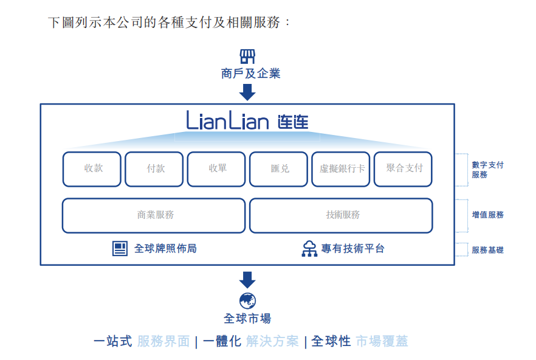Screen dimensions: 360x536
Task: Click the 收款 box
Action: pyautogui.click(x=92, y=168)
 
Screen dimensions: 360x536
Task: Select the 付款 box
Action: pyautogui.click(x=154, y=168)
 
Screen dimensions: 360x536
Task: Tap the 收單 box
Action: pyautogui.click(x=216, y=168)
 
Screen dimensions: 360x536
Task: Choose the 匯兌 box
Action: pyautogui.click(x=279, y=168)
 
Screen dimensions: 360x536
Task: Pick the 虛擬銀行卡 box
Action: pyautogui.click(x=341, y=168)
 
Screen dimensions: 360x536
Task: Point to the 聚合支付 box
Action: pyautogui.click(x=403, y=168)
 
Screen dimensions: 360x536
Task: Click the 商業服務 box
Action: pyautogui.click(x=154, y=215)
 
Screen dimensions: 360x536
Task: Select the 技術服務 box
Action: pyautogui.click(x=341, y=215)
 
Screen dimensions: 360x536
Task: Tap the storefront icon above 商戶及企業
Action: pyautogui.click(x=247, y=57)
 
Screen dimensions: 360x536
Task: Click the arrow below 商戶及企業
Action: pyautogui.click(x=247, y=92)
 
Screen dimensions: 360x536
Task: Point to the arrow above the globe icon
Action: pyautogui.click(x=247, y=280)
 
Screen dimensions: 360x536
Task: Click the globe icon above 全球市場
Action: pyautogui.click(x=247, y=300)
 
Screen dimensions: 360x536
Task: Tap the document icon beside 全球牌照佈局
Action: pyautogui.click(x=120, y=248)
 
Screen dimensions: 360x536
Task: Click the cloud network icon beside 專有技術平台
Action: pyautogui.click(x=309, y=248)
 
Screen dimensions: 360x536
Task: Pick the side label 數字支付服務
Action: pyautogui.click(x=487, y=170)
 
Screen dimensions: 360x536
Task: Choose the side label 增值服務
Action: pyautogui.click(x=487, y=215)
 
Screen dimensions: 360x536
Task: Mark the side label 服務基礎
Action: pyautogui.click(x=487, y=250)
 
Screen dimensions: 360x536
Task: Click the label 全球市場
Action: pyautogui.click(x=247, y=318)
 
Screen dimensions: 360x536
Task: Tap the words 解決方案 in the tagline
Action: pyautogui.click(x=272, y=341)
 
